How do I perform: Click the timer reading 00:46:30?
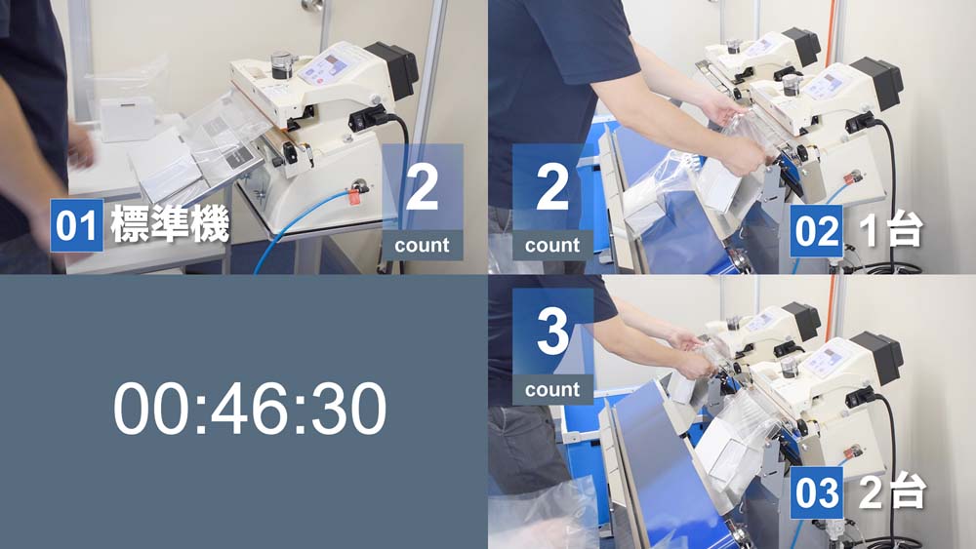click(x=250, y=408)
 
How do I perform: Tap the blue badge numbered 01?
click(x=76, y=225)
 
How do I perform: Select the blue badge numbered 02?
click(x=816, y=231)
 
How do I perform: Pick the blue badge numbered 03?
click(x=816, y=493)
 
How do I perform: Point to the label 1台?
click(x=891, y=231)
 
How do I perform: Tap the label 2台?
click(x=892, y=492)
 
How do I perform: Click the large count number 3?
click(x=552, y=332)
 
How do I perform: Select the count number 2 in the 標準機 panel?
click(x=422, y=188)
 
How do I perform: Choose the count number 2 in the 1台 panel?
click(x=552, y=188)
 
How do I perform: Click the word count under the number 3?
click(x=552, y=390)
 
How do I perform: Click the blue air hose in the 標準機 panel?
click(x=298, y=224)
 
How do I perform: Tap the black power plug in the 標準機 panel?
click(x=369, y=118)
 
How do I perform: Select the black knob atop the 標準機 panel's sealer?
click(x=282, y=64)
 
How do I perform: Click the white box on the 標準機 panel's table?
click(x=128, y=119)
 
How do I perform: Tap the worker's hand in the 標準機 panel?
click(x=81, y=146)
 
